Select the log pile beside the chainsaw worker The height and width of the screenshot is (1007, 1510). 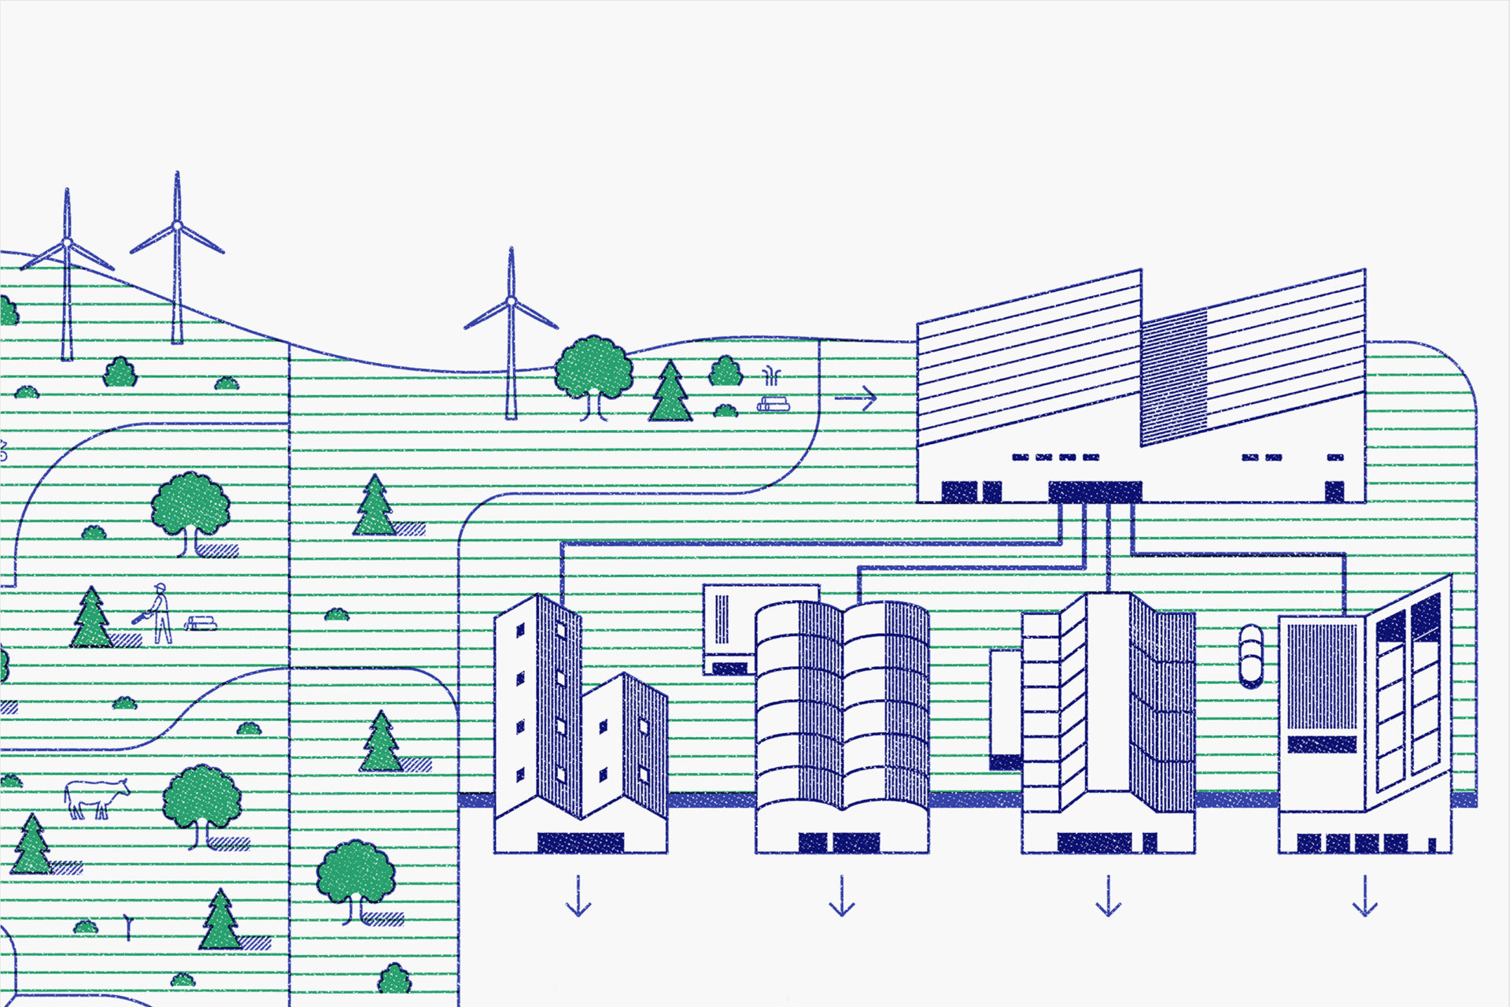pos(201,624)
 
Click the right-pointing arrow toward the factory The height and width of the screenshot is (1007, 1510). pos(856,398)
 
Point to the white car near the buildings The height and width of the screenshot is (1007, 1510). pos(1250,656)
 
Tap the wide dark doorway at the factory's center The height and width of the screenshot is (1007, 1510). pos(1095,491)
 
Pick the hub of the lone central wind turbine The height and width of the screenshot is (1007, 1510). pos(511,302)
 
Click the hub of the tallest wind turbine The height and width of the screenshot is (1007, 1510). pos(177,226)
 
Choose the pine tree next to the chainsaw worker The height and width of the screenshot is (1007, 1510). pos(91,619)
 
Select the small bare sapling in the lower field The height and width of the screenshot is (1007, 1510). pos(129,927)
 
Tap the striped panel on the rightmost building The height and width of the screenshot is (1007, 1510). pos(1322,677)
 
